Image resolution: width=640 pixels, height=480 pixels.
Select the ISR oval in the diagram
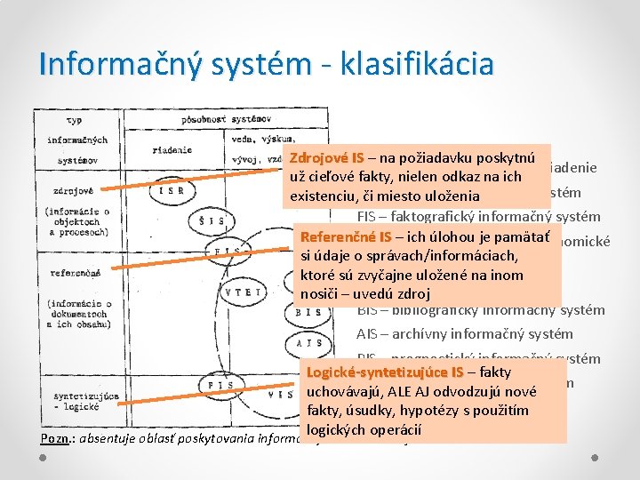click(x=171, y=189)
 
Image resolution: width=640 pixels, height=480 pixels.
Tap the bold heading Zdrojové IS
click(x=326, y=157)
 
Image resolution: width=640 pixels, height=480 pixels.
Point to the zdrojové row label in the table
click(x=68, y=189)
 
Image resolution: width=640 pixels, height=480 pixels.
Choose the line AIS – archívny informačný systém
click(x=464, y=334)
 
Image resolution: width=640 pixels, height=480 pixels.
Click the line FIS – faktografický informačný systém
click(x=479, y=216)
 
